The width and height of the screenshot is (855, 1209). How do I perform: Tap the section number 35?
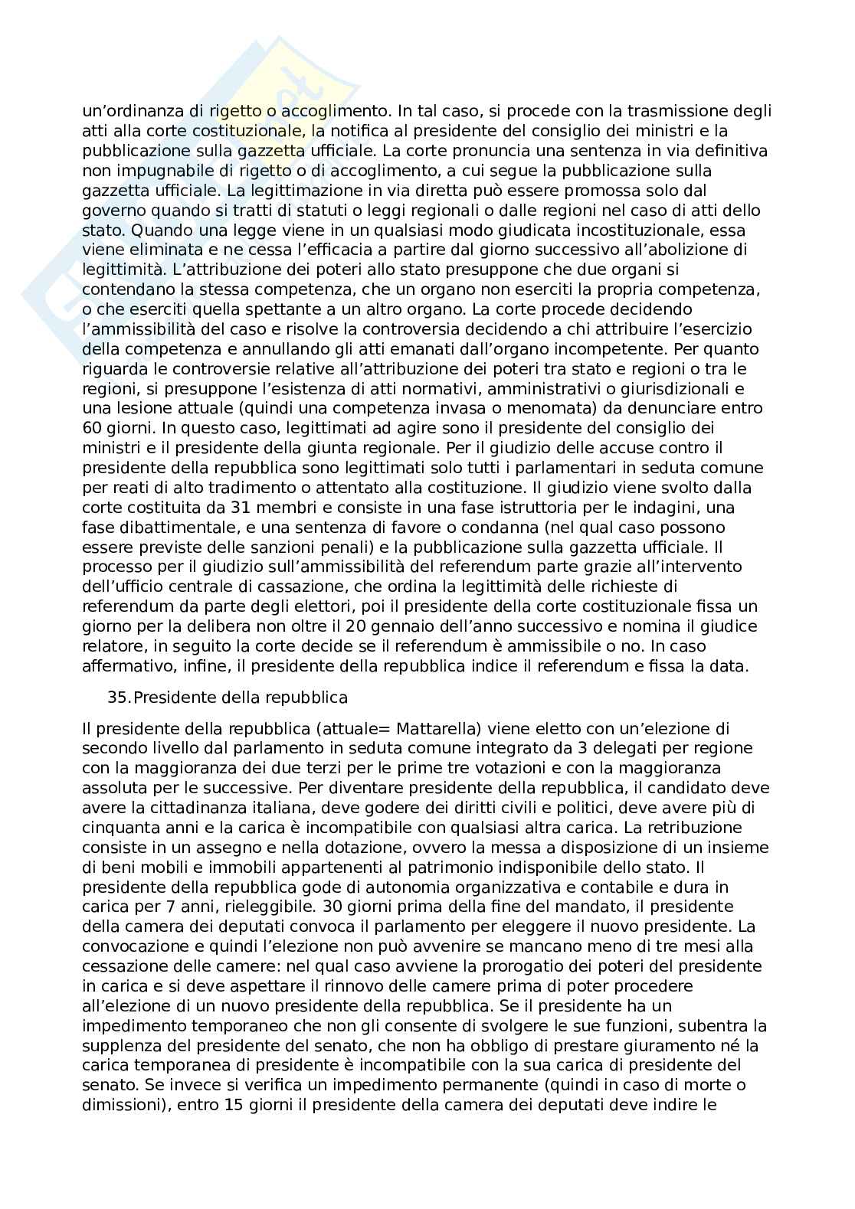point(120,698)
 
